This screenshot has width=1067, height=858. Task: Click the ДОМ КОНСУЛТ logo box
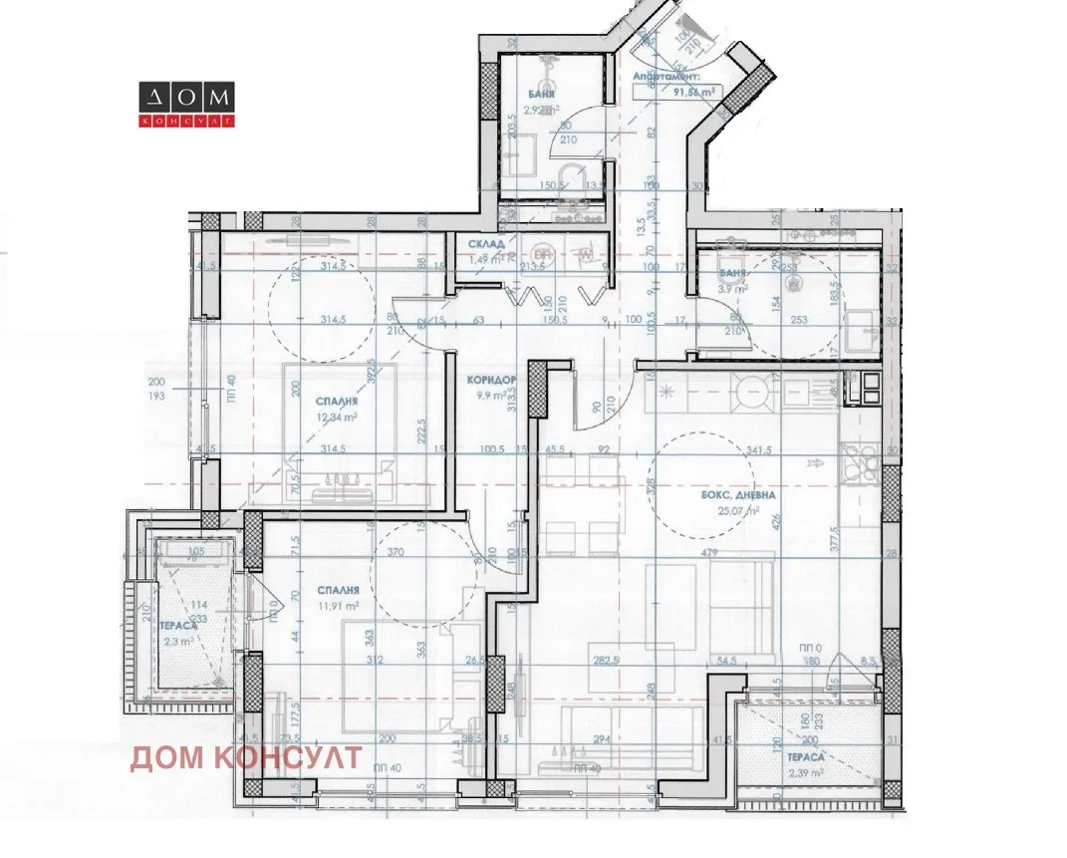185,105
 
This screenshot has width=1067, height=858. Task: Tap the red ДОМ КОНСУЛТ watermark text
246,757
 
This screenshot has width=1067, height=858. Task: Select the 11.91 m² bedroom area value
338,603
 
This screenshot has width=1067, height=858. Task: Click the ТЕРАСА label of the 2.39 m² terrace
809,756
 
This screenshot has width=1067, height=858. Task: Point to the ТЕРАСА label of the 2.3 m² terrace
177,626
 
